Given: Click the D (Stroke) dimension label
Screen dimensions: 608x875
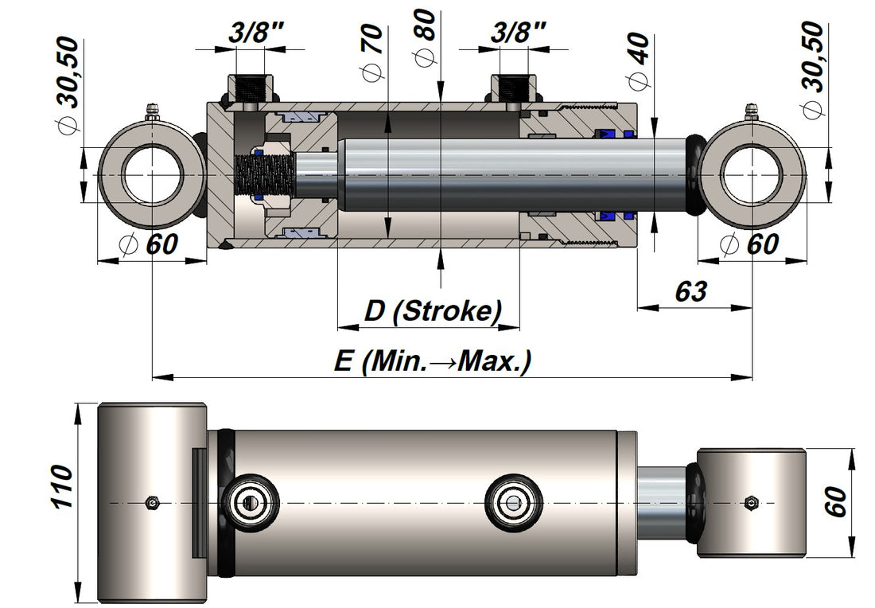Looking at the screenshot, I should (x=433, y=310).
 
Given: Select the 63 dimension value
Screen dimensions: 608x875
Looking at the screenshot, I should (x=690, y=291).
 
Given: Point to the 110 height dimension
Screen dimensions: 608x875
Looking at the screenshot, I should (x=61, y=486).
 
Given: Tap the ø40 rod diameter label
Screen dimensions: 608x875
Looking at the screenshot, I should (x=638, y=60).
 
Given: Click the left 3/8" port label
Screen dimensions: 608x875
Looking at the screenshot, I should (x=256, y=33).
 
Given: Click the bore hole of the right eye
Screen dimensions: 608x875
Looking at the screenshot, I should (x=750, y=175).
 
